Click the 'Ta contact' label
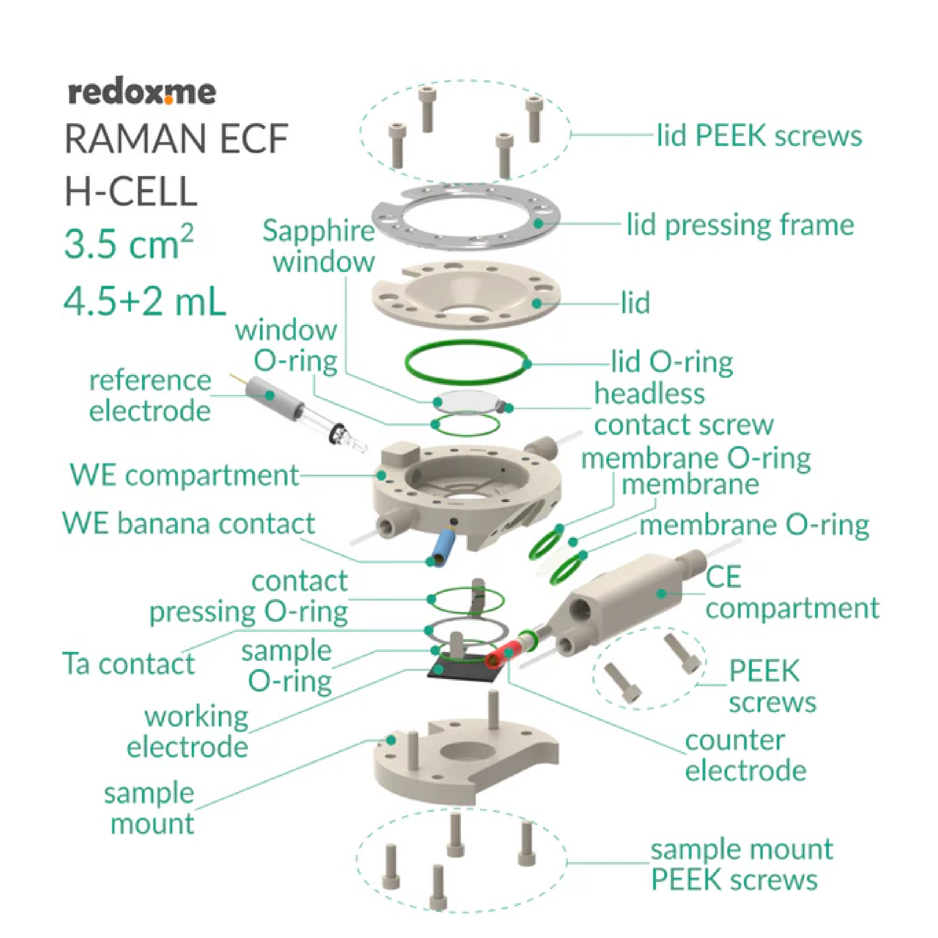129,664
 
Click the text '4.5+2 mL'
145,301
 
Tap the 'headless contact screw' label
683,409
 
